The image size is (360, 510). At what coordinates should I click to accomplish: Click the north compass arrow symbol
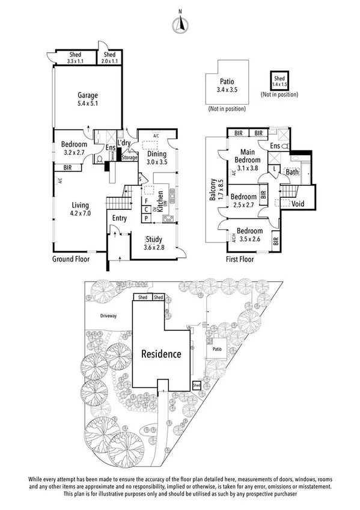pos(179,24)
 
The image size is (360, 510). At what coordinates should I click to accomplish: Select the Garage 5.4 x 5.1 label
pos(87,99)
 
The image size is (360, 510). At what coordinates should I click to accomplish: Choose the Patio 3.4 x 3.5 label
pos(227,86)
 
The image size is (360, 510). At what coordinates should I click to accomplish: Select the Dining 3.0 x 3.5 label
pos(157,158)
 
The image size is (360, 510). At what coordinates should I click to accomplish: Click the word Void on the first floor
pos(297,204)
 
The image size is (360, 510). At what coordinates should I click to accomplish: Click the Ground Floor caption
pos(71,260)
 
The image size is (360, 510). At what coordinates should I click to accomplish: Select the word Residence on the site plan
pos(161,354)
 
